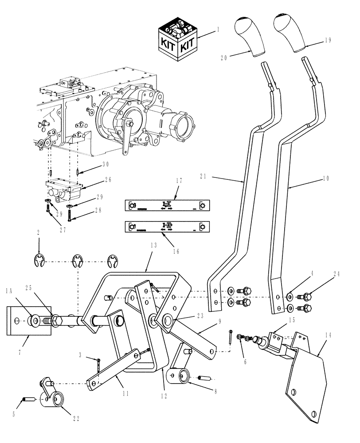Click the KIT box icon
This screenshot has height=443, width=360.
(177, 39)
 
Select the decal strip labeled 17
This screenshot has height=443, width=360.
(168, 206)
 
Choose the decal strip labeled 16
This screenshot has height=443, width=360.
(168, 227)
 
